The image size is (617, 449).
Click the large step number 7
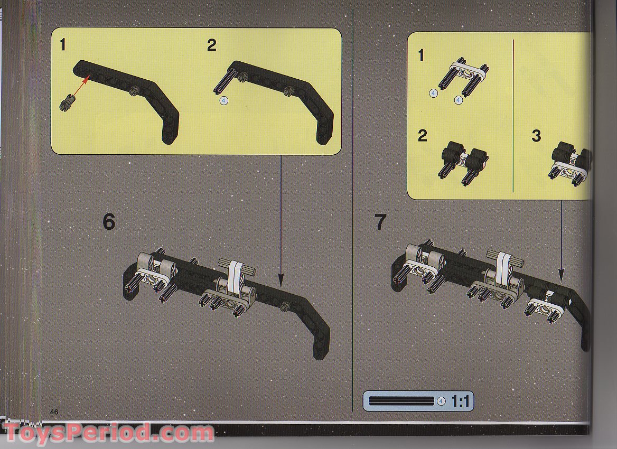pyautogui.click(x=380, y=222)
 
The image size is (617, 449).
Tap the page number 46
pyautogui.click(x=54, y=411)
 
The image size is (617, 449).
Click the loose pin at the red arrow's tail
pyautogui.click(x=67, y=101)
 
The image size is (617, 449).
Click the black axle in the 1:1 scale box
pyautogui.click(x=401, y=401)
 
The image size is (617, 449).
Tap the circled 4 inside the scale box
pyautogui.click(x=441, y=401)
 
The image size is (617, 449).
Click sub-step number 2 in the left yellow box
pyautogui.click(x=212, y=45)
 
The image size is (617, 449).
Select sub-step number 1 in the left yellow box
pyautogui.click(x=63, y=45)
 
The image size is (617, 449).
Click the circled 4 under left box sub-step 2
pyautogui.click(x=224, y=101)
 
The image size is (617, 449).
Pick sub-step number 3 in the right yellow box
pyautogui.click(x=536, y=136)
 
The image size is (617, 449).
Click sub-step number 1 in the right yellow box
pyautogui.click(x=421, y=55)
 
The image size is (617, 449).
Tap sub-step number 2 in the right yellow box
pyautogui.click(x=422, y=136)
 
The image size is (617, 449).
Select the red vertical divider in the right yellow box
pyautogui.click(x=513, y=116)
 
